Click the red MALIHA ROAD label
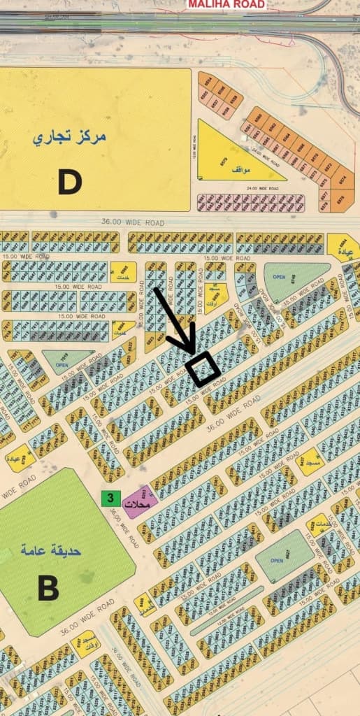click(x=226, y=4)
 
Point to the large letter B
click(x=48, y=588)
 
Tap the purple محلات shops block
click(x=138, y=502)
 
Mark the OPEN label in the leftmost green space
click(x=62, y=364)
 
